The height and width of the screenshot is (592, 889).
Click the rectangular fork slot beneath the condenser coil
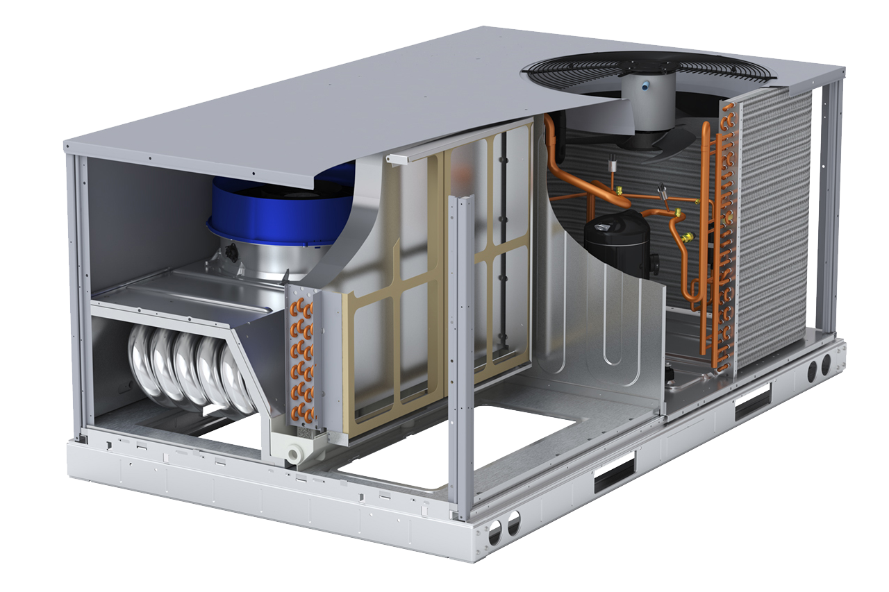tap(753, 402)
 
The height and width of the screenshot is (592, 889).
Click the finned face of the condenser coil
tap(771, 229)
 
